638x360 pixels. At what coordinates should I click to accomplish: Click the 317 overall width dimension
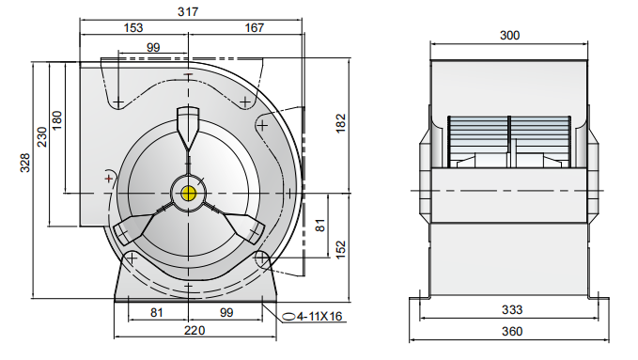[188, 11]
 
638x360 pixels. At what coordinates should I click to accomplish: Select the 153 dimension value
[133, 27]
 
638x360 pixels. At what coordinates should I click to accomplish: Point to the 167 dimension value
[255, 27]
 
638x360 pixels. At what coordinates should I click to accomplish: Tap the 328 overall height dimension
[25, 163]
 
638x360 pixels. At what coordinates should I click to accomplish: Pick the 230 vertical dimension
[42, 137]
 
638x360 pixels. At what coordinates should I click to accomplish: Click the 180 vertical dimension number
[57, 120]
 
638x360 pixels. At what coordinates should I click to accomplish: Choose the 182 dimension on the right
[340, 123]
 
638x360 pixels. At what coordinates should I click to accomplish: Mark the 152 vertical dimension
[340, 249]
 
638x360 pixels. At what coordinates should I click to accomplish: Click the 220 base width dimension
[195, 330]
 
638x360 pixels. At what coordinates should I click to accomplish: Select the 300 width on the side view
[510, 36]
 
